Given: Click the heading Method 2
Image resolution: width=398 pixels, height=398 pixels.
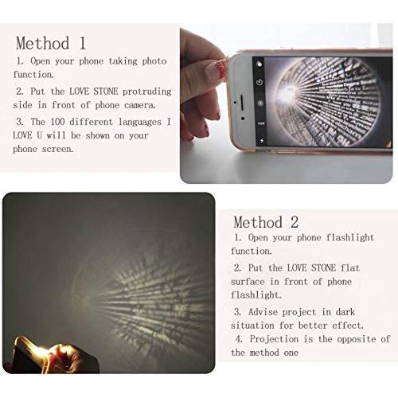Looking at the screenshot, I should point(267,221).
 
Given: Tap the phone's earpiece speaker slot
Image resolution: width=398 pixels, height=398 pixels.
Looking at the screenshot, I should point(237,101).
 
